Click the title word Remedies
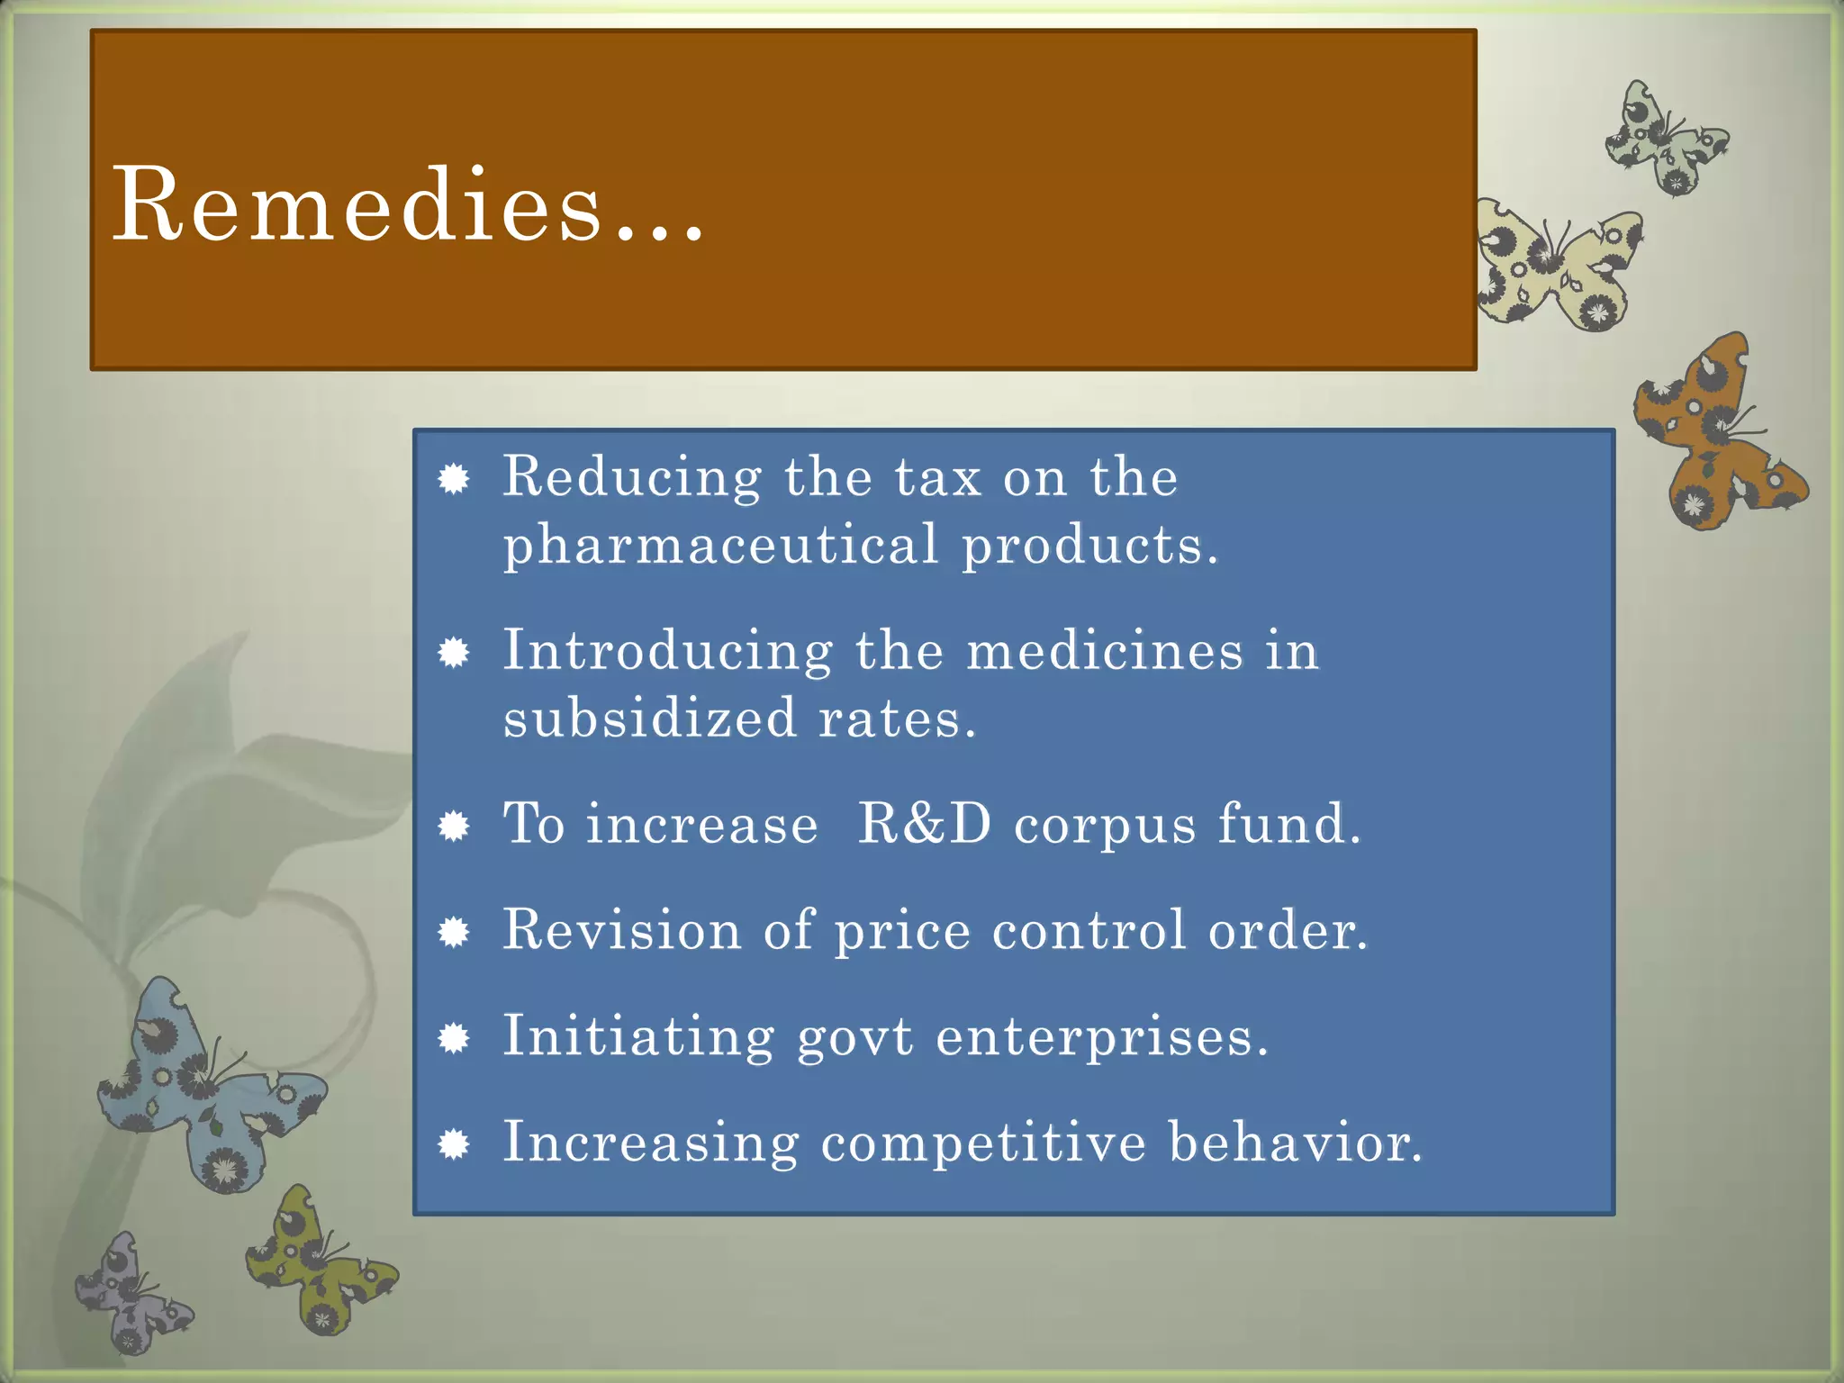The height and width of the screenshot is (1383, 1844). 405,205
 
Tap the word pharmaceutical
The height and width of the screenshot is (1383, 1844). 720,546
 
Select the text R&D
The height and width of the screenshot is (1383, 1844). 924,823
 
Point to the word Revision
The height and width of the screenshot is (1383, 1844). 621,929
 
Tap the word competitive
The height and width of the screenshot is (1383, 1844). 983,1143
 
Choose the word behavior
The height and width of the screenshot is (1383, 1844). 1295,1143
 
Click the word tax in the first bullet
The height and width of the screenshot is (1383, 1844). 937,477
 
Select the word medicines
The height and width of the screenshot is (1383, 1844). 1104,650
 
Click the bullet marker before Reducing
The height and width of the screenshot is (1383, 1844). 455,479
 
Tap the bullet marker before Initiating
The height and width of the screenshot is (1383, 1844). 455,1039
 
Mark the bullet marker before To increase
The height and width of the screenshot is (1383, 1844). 455,826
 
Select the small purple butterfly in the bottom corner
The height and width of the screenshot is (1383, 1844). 131,1297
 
